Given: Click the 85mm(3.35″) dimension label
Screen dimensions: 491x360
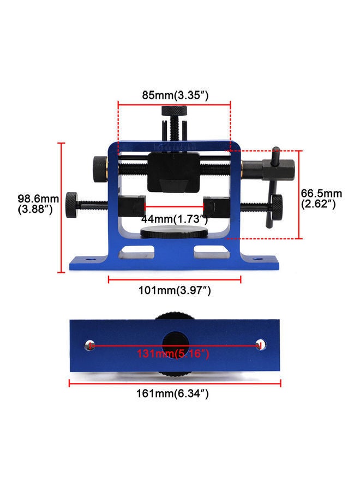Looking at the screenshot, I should tap(175, 94).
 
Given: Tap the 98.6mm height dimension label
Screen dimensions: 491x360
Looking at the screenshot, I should tap(37, 203).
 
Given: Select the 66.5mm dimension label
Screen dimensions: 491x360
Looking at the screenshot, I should tap(322, 199).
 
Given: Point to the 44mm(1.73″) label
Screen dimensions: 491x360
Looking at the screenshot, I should tap(175, 219).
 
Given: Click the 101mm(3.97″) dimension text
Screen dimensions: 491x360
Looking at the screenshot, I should tap(175, 291).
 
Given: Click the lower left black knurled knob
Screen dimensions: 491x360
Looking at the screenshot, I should tap(72, 205).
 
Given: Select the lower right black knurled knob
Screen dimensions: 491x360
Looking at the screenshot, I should tap(277, 205).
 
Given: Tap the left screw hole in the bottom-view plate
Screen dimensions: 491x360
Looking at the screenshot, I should tap(90, 345).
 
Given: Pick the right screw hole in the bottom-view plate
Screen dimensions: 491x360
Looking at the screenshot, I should tap(261, 345).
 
